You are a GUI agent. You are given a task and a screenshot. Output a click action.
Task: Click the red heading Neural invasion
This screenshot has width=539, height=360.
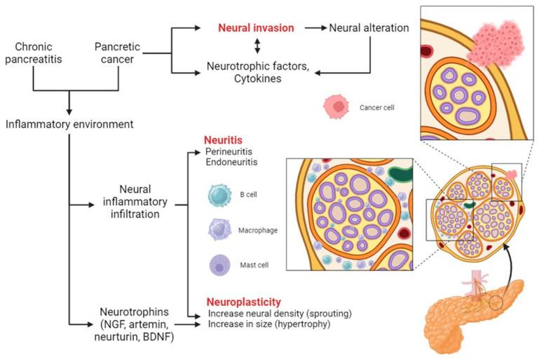pos(255,28)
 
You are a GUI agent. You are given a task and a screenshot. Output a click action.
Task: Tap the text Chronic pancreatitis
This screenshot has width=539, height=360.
pos(34,53)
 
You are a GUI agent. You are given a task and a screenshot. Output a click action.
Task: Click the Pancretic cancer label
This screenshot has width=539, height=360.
pos(118,53)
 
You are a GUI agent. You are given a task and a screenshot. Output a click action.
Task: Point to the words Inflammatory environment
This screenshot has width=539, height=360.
pos(69,125)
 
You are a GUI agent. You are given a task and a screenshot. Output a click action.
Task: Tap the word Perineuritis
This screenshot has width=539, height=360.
pos(228,151)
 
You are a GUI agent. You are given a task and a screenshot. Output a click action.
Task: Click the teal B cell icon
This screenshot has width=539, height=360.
pos(219,195)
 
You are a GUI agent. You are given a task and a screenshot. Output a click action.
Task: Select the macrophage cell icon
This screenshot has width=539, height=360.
pos(219,228)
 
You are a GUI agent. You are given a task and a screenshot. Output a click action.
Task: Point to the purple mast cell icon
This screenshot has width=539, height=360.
pos(219,265)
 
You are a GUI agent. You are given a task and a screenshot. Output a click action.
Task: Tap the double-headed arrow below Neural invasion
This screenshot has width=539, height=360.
pos(257,46)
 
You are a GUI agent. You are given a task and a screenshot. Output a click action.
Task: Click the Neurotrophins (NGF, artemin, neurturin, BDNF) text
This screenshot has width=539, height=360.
pos(133,324)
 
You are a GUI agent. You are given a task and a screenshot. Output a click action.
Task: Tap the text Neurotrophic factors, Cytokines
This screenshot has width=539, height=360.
pos(258,72)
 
